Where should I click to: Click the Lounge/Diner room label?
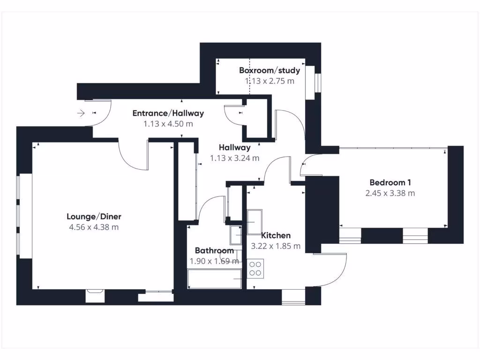94,217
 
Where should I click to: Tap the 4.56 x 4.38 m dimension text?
94,227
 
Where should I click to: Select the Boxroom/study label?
269,71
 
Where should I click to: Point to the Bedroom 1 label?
390,182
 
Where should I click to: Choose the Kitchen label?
276,235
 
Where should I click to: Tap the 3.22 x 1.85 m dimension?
276,246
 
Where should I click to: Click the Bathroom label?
214,250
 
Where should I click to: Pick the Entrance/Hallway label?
168,113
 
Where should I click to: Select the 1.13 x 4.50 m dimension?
168,124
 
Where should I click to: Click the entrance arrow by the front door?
81,113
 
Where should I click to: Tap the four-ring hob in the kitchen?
255,268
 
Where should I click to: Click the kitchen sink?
255,222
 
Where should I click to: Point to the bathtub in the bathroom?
214,279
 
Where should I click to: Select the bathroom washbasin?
235,234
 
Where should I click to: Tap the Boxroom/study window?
318,82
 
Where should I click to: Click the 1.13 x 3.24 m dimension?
234,158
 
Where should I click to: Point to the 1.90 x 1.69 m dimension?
214,261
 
